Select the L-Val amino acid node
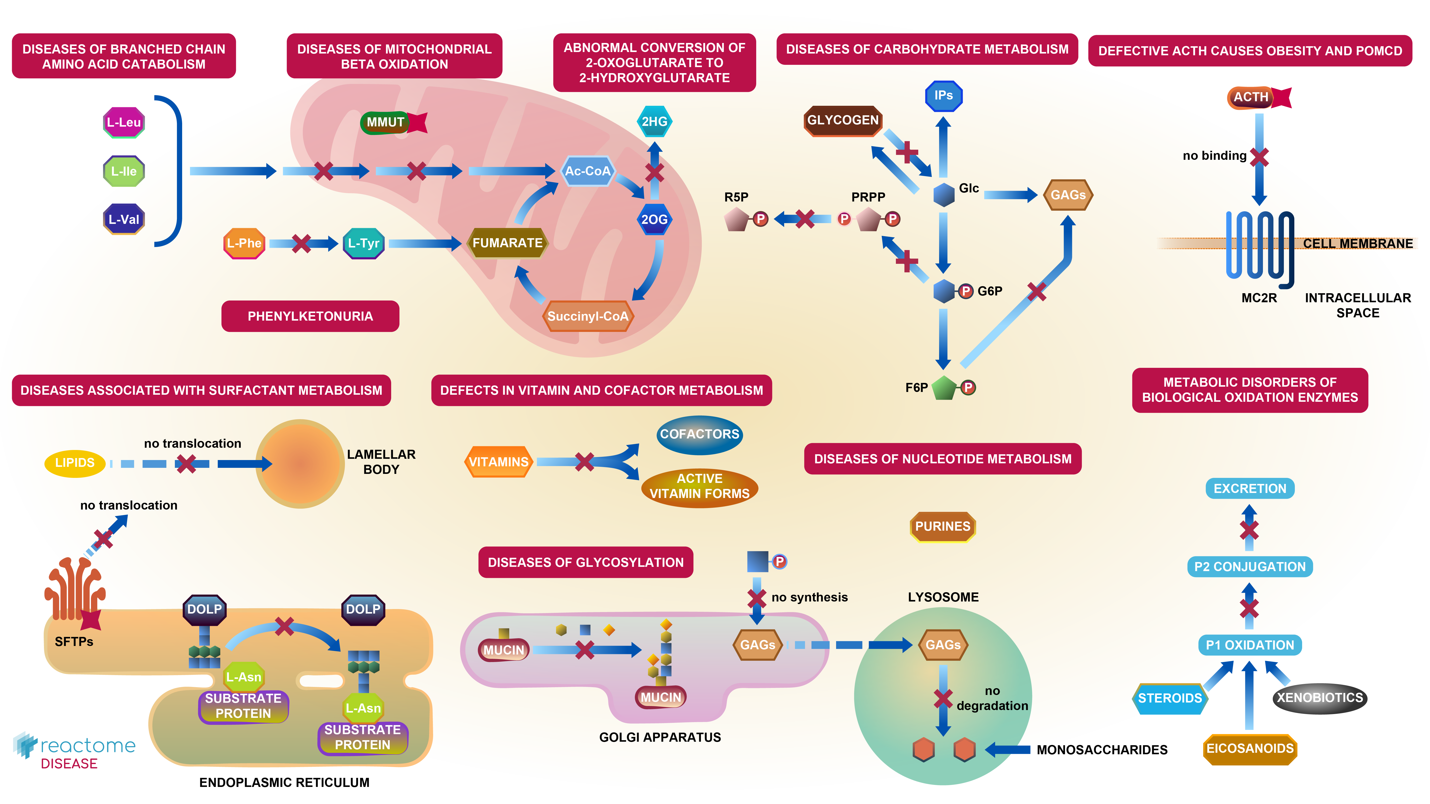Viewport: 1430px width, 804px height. [x=124, y=219]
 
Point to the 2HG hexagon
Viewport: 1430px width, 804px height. [x=654, y=122]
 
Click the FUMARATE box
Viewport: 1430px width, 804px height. [x=507, y=243]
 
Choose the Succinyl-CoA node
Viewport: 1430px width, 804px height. [x=587, y=317]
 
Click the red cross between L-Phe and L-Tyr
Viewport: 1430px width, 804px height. [x=301, y=243]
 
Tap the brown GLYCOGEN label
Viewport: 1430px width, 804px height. [x=843, y=121]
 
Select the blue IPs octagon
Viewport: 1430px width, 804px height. [x=943, y=95]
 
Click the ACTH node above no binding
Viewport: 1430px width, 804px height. [x=1251, y=97]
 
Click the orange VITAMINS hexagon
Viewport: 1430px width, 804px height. [x=498, y=462]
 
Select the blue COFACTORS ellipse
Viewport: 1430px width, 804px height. [x=699, y=434]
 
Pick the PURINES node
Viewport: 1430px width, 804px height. [x=943, y=526]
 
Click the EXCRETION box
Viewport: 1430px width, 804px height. [x=1250, y=489]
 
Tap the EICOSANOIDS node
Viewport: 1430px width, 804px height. [x=1250, y=748]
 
